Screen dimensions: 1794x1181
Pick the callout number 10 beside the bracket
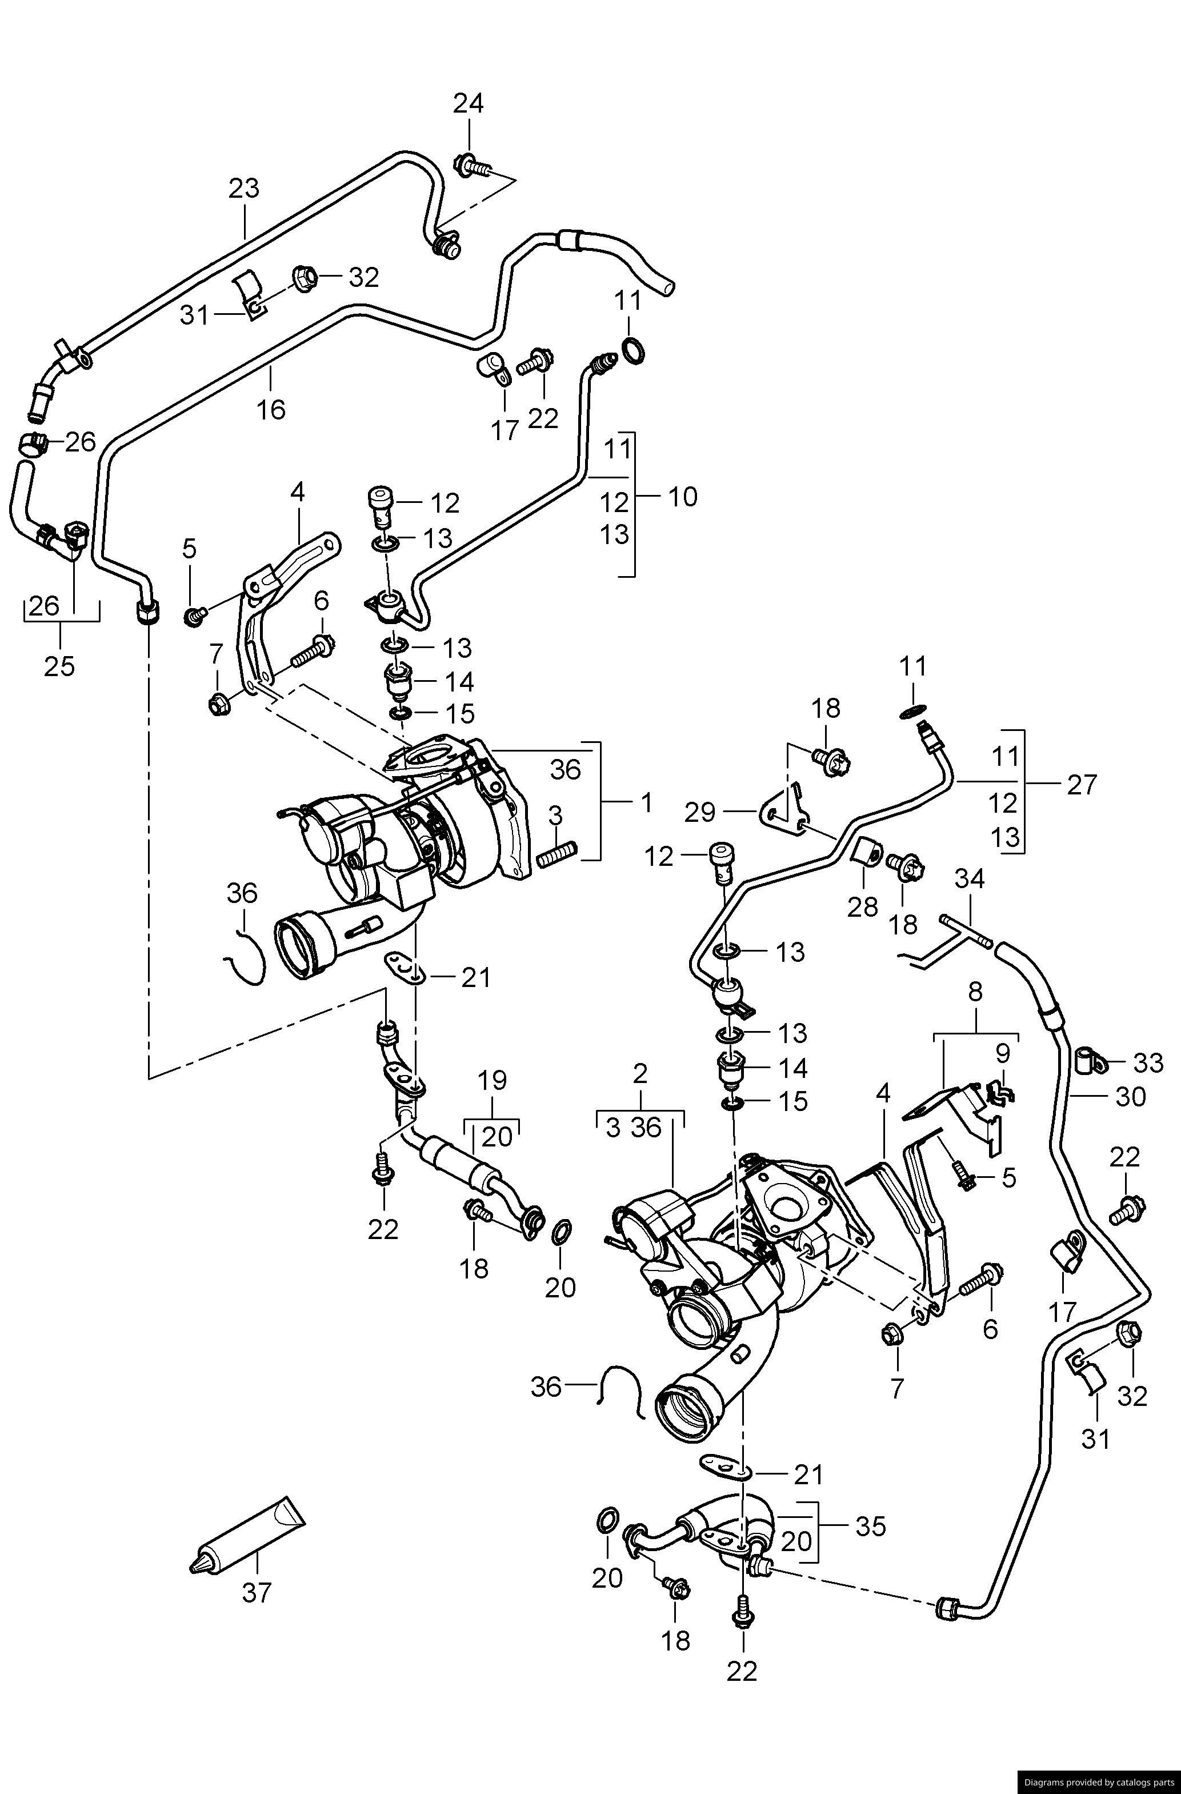(682, 497)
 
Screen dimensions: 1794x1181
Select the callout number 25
(59, 666)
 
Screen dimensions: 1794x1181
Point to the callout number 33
(1148, 1064)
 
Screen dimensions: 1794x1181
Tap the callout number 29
(700, 813)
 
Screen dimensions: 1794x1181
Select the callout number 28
(862, 907)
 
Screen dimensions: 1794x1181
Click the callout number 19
(493, 1080)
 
